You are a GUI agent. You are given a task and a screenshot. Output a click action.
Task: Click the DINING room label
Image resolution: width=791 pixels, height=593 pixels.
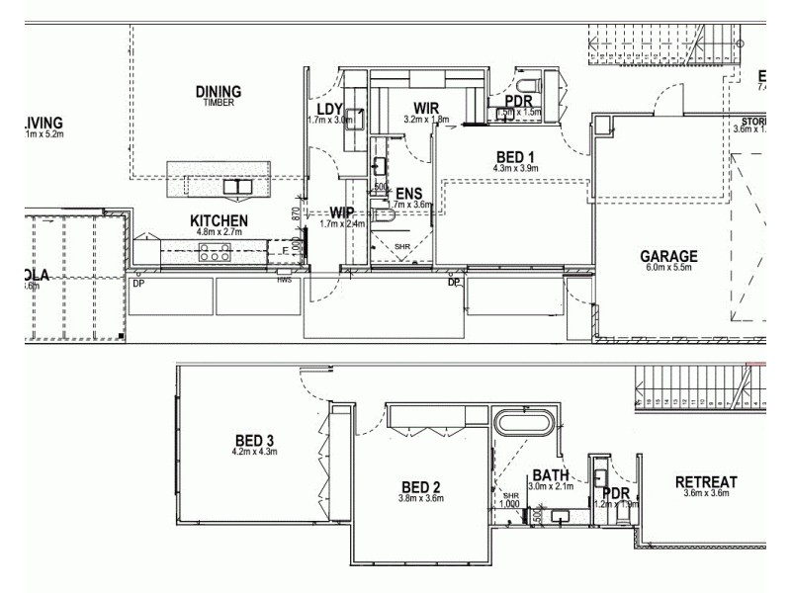click(218, 92)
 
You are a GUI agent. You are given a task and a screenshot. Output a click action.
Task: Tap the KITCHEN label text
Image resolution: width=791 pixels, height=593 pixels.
click(219, 220)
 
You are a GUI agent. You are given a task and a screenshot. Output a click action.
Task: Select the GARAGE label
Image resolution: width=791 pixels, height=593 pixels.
click(667, 255)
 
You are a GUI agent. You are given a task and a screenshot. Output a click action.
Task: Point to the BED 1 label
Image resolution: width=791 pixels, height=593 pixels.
click(514, 156)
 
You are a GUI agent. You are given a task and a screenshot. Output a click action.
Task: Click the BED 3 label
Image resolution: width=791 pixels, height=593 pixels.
click(254, 440)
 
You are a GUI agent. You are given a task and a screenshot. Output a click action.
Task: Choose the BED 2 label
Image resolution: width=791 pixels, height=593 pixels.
click(421, 486)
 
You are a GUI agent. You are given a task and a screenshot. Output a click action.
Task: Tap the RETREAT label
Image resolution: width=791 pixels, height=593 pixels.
click(706, 482)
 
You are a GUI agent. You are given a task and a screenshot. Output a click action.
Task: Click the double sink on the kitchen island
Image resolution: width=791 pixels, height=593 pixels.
click(237, 186)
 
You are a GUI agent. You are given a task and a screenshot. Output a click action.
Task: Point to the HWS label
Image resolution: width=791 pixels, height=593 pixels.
click(285, 280)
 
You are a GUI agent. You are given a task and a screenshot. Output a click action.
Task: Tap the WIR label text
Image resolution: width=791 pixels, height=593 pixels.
click(426, 108)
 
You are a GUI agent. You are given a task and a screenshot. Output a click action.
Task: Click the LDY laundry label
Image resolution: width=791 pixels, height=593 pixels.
click(329, 110)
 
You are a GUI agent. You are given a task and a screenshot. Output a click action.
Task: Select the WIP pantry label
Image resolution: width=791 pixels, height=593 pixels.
click(342, 212)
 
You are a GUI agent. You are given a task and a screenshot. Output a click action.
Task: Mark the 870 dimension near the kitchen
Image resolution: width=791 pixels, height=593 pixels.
click(295, 212)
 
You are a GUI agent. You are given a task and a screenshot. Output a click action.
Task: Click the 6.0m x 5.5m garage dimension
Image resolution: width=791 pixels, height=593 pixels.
click(667, 267)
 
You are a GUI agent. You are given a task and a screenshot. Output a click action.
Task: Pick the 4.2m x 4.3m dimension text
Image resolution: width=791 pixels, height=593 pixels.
click(254, 452)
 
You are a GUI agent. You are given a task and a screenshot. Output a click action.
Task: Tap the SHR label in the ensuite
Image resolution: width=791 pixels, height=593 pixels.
click(401, 246)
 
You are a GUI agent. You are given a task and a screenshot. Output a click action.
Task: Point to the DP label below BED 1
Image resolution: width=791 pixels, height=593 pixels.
click(454, 283)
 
